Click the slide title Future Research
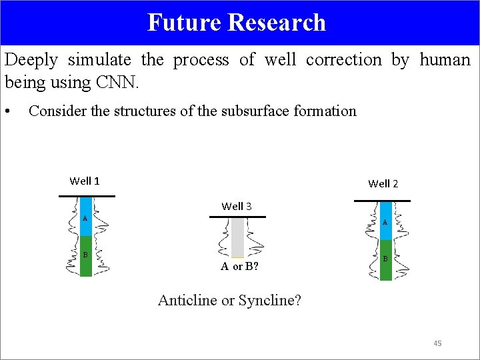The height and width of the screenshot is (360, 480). [x=237, y=23]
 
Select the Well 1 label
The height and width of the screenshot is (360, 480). [x=85, y=181]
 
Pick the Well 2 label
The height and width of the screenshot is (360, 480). [x=383, y=183]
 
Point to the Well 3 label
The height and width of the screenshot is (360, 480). [x=237, y=206]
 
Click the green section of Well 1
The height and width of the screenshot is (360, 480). [x=86, y=257]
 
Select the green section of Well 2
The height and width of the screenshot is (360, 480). [x=386, y=260]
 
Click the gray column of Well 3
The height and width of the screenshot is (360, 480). [x=237, y=237]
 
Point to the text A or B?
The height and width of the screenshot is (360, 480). [x=240, y=267]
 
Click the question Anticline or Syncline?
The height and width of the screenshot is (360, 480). [x=229, y=300]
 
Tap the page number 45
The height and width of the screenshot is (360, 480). [x=437, y=343]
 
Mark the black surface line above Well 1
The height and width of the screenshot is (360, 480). [x=87, y=196]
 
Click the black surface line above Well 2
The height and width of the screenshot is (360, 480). [x=382, y=200]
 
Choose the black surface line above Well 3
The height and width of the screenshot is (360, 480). [x=237, y=217]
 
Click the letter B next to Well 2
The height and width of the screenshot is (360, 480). [x=386, y=258]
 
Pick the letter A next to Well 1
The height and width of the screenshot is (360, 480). [x=85, y=219]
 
